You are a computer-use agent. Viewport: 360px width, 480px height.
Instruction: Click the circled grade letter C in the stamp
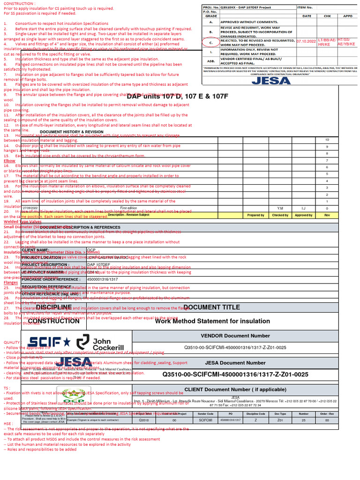tap(211, 42)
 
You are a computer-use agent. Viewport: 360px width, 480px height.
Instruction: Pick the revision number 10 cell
tap(327, 140)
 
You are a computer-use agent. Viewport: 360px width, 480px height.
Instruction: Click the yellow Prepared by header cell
tap(256, 215)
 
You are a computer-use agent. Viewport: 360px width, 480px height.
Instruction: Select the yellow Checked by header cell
tap(280, 215)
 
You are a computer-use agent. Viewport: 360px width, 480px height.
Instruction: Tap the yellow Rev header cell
tap(327, 215)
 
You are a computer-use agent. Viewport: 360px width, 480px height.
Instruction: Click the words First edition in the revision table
tap(128, 208)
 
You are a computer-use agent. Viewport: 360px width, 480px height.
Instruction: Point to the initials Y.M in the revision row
tap(280, 208)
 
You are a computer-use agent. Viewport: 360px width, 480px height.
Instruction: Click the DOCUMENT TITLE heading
tap(211, 307)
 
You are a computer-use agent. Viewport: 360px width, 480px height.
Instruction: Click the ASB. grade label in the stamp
tap(211, 60)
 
